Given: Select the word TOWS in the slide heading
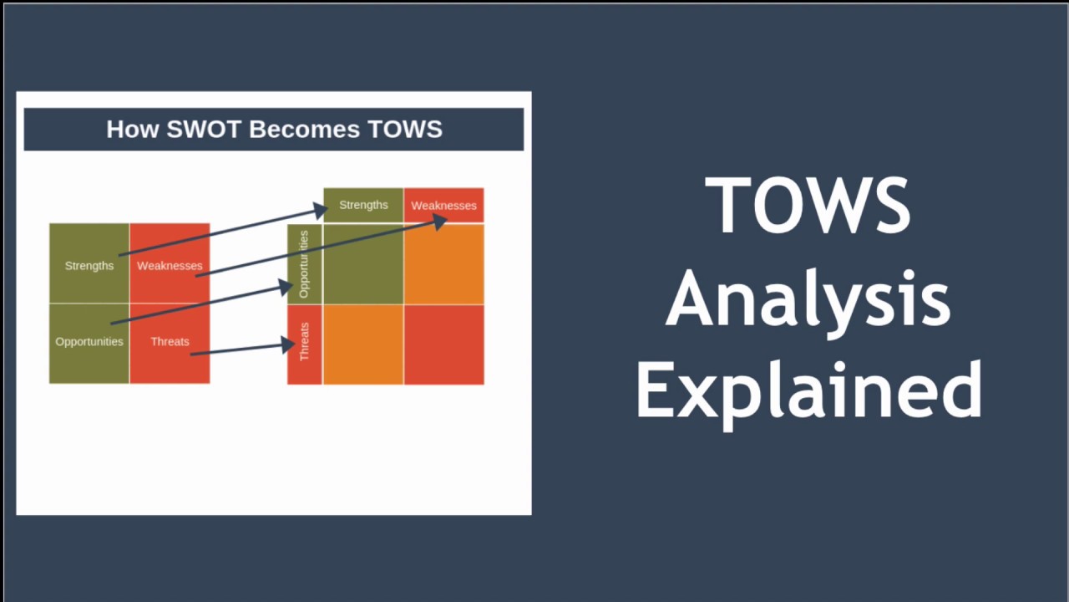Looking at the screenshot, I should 404,130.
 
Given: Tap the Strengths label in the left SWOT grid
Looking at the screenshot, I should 89,266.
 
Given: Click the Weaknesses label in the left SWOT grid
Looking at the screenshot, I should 170,266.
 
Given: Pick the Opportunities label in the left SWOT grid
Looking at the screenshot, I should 89,341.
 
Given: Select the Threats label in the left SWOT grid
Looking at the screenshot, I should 170,341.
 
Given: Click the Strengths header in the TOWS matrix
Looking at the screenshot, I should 363,205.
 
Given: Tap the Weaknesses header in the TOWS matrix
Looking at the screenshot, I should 443,206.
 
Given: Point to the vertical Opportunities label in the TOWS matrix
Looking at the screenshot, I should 304,264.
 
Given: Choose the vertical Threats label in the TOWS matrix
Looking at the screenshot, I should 304,341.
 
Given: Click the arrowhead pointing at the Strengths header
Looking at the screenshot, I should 320,208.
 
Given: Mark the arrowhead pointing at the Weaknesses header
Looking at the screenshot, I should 440,221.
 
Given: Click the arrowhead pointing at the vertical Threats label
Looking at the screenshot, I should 289,344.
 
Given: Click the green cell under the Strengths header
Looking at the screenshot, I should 363,264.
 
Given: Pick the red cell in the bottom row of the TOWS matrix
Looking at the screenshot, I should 443,344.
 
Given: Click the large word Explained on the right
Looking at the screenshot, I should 808,390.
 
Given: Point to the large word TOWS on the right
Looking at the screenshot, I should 808,207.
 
